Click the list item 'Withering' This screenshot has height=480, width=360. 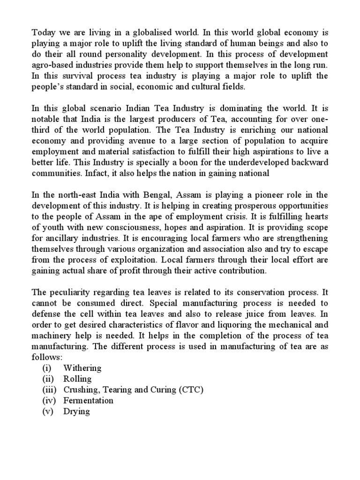82,367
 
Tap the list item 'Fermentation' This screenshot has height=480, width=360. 89,400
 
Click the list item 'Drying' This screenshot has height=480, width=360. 76,411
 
